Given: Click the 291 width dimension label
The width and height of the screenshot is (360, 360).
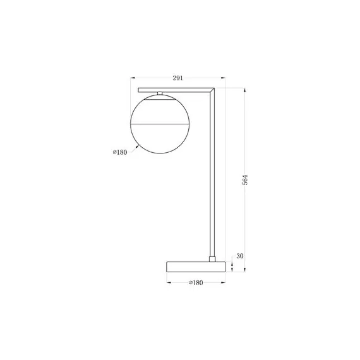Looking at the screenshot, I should pyautogui.click(x=177, y=78).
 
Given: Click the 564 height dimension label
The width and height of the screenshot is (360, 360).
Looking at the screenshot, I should pyautogui.click(x=245, y=179).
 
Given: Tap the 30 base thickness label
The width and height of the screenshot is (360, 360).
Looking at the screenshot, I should pyautogui.click(x=239, y=256).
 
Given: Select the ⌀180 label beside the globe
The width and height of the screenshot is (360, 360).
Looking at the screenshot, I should pyautogui.click(x=119, y=152).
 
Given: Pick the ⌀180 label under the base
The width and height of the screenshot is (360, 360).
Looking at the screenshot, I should pyautogui.click(x=196, y=282).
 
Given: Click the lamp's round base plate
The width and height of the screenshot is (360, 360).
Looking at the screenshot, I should pyautogui.click(x=196, y=266).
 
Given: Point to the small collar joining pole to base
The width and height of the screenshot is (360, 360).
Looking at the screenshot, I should pyautogui.click(x=213, y=258).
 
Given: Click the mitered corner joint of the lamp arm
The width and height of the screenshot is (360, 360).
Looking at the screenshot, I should pyautogui.click(x=214, y=90).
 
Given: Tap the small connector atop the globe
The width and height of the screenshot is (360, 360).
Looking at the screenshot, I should pyautogui.click(x=161, y=94).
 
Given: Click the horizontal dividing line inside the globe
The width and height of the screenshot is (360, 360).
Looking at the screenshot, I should pyautogui.click(x=160, y=124).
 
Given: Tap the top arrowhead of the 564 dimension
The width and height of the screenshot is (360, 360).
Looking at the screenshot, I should pyautogui.click(x=245, y=89).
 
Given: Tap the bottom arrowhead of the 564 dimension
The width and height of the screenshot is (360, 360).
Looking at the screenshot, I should pyautogui.click(x=245, y=270).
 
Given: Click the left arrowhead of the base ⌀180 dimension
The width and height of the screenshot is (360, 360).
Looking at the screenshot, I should pyautogui.click(x=169, y=282).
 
